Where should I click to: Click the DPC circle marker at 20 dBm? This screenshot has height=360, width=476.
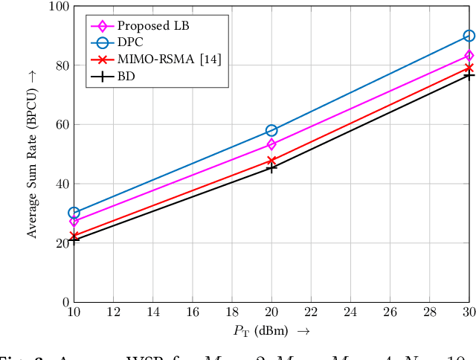[271, 130]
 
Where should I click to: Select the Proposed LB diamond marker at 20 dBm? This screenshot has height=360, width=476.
[271, 144]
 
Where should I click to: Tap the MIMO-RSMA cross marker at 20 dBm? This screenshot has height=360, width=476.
[271, 160]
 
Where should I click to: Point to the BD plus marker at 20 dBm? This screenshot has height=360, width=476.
[271, 168]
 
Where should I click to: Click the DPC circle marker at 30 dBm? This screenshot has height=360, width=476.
[469, 36]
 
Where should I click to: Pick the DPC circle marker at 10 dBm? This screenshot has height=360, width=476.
[74, 213]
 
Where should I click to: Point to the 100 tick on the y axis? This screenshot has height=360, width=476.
[58, 7]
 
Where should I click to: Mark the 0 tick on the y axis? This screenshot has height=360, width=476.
[64, 303]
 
